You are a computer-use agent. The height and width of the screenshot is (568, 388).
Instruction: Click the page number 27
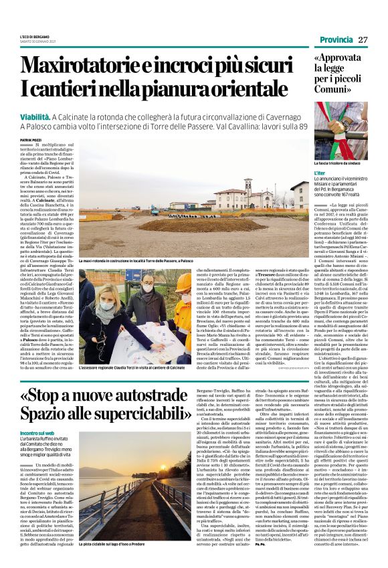363,39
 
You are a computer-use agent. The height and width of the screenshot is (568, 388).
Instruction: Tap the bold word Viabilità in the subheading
39,116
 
